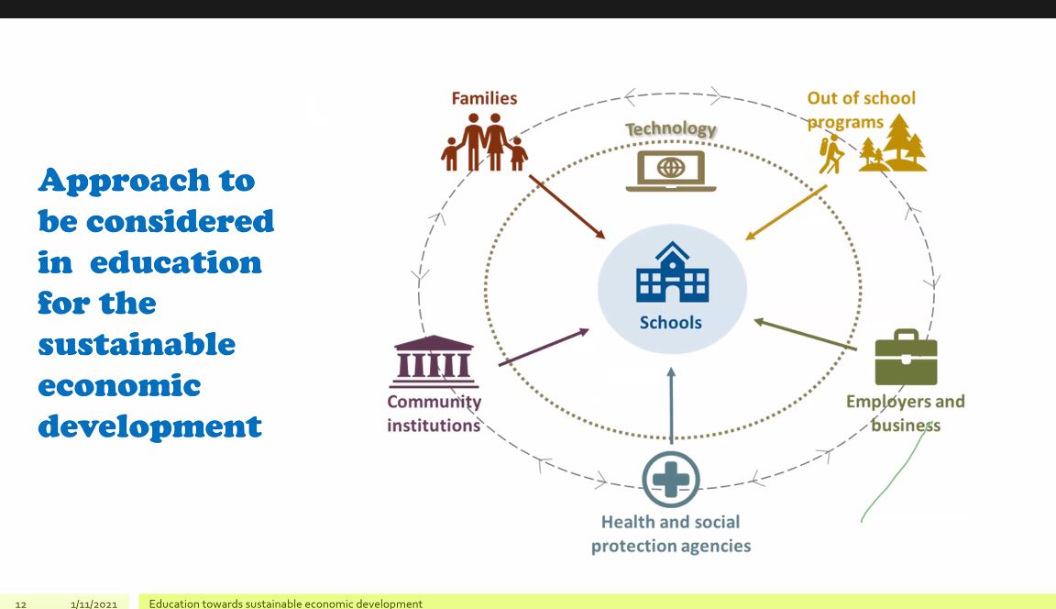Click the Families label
coord(484,98)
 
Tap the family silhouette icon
coord(484,142)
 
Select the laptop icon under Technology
coord(671,171)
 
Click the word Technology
coord(671,128)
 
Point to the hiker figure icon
coord(831,153)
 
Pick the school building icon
coord(672,272)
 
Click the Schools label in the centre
coord(671,323)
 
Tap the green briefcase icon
coord(906,357)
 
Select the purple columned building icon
coord(434,361)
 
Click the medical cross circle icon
coord(671,480)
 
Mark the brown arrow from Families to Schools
coord(567,206)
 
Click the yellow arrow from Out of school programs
coord(786,213)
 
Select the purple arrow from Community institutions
coord(544,347)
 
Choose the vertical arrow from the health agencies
coord(671,404)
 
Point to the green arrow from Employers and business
coord(805,335)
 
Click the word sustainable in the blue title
coord(137,344)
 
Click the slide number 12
coord(21,604)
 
